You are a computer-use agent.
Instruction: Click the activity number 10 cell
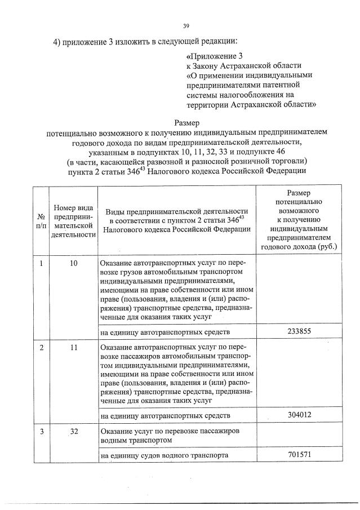(73, 263)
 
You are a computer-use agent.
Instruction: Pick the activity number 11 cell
(73, 348)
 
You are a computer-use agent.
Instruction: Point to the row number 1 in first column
(41, 263)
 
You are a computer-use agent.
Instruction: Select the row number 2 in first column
(41, 348)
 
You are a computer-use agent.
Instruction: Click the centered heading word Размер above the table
(186, 122)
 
